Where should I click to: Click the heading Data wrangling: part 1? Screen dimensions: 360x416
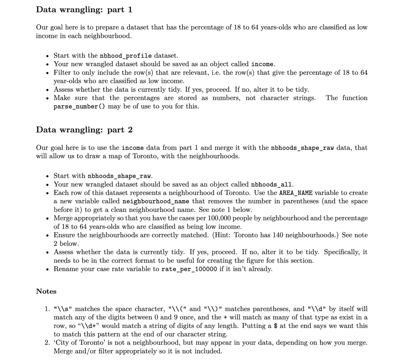coord(84,9)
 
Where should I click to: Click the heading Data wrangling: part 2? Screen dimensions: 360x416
coord(84,130)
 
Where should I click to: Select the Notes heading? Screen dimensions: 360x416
coord(46,291)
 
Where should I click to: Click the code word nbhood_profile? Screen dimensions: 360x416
coord(126,56)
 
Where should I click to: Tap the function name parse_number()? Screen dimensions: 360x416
coord(75,107)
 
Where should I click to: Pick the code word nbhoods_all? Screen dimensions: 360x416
coord(270,185)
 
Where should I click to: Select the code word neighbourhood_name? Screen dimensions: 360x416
coord(156,202)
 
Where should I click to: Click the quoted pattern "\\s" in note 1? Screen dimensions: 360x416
coord(63,309)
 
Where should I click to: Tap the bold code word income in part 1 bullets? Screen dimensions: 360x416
coord(263,64)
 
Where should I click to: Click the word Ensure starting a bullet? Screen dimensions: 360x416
coord(64,235)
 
